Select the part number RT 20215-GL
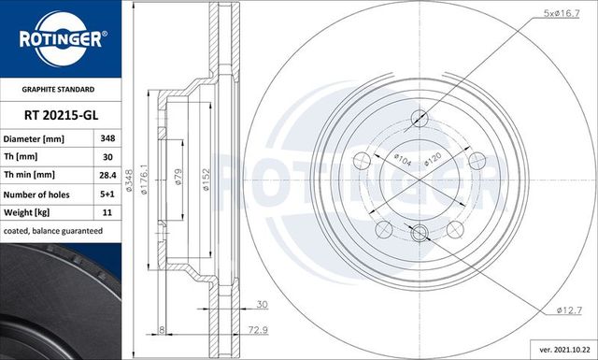click(x=61, y=115)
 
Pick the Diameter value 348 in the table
click(x=107, y=138)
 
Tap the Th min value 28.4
click(x=107, y=175)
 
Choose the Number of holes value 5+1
click(x=107, y=194)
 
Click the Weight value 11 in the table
click(x=107, y=212)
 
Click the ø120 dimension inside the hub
click(x=431, y=158)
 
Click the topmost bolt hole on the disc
click(x=420, y=118)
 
